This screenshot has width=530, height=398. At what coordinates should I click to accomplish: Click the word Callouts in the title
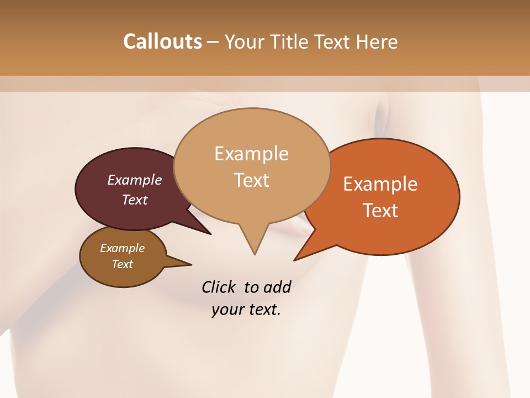(x=162, y=41)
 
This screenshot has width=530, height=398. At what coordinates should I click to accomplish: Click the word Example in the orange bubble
(x=380, y=184)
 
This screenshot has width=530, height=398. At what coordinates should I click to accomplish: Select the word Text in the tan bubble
(x=252, y=180)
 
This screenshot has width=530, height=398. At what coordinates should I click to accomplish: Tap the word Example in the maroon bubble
(x=135, y=180)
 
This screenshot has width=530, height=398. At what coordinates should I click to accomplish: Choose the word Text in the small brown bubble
(x=123, y=264)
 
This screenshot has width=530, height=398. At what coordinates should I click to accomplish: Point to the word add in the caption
(x=277, y=287)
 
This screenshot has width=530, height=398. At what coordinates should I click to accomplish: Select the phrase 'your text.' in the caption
(x=246, y=310)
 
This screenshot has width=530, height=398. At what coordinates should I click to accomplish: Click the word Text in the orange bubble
(x=380, y=211)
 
